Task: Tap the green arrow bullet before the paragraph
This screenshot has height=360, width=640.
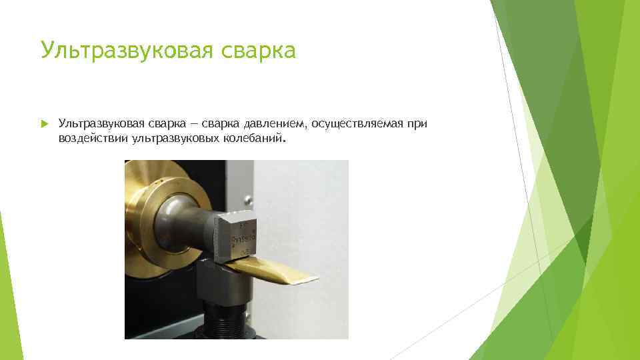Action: coord(43,124)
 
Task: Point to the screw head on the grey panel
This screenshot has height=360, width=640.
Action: coord(249,199)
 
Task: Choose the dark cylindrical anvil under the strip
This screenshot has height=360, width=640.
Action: coord(223,283)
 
